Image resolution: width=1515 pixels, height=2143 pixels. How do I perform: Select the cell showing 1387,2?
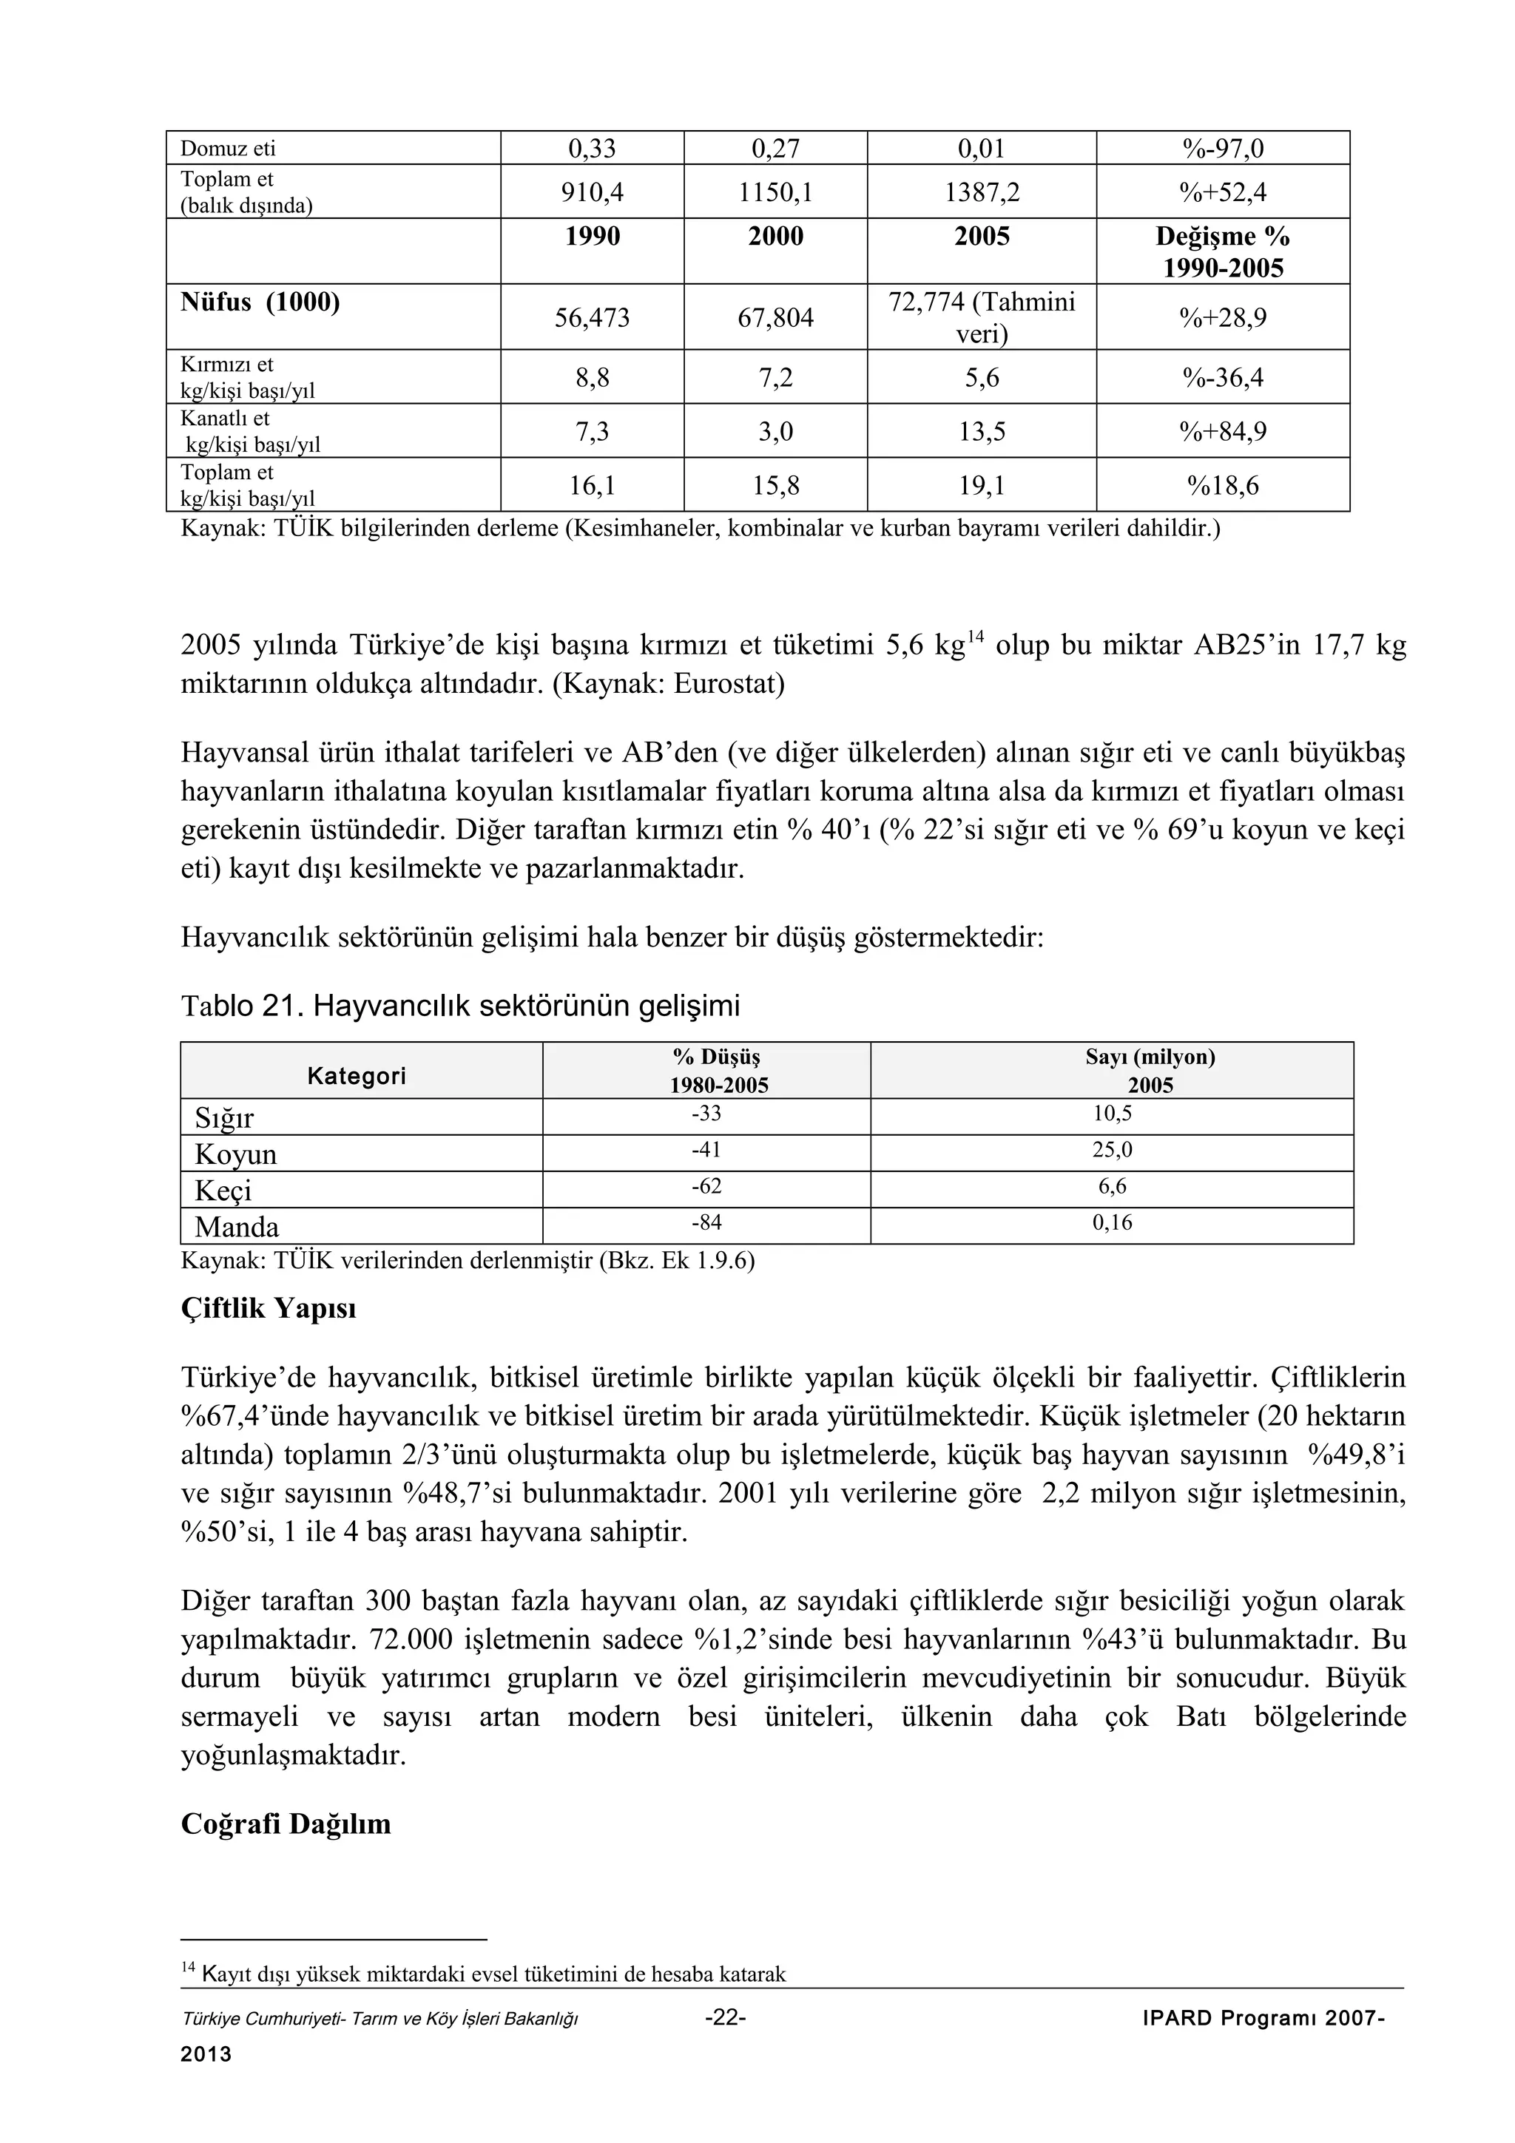[981, 192]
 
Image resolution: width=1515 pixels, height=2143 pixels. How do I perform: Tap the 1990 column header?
[593, 236]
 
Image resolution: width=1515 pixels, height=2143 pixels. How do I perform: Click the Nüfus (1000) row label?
[260, 302]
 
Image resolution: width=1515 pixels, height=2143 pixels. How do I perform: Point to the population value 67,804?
[776, 318]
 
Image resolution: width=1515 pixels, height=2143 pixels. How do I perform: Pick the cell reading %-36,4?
[1223, 378]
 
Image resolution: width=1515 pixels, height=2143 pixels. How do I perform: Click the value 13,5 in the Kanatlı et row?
[981, 431]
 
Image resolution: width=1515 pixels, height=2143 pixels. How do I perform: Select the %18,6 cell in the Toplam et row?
[1223, 485]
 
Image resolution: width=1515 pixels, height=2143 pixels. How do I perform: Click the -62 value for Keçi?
[706, 1186]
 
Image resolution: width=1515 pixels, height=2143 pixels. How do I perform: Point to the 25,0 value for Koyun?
[1112, 1150]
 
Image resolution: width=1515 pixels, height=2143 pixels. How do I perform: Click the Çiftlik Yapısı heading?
[268, 1309]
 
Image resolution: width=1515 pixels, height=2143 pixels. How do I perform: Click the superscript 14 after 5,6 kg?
[974, 637]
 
